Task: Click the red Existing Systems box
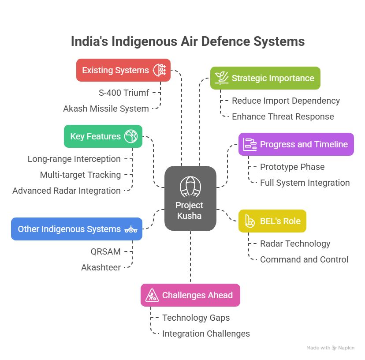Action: point(123,70)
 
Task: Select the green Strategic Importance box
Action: point(265,78)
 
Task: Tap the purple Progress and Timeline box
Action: point(296,144)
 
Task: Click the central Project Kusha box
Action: point(190,199)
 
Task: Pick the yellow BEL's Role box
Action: point(272,221)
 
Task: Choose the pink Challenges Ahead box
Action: point(190,295)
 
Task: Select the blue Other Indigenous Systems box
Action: point(76,229)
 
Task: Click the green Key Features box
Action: point(103,136)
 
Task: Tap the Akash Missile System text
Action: point(106,109)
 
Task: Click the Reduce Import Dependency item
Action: point(286,101)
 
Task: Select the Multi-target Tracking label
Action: point(80,175)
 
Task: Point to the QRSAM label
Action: point(105,251)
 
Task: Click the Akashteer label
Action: point(101,267)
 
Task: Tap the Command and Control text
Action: point(304,259)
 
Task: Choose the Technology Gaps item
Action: point(196,318)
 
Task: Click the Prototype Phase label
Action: point(292,167)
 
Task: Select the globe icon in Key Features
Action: point(131,136)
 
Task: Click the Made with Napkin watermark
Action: point(330,348)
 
